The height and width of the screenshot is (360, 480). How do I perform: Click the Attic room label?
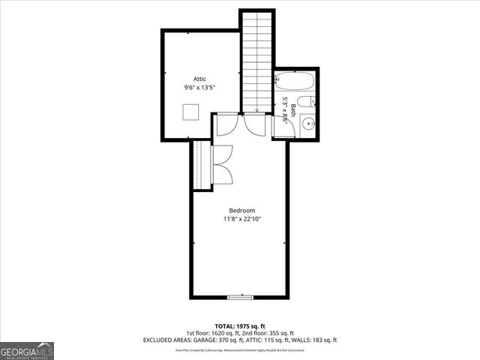199,79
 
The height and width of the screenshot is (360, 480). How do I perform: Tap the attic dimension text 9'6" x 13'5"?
199,88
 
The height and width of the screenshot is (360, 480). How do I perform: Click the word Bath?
293,109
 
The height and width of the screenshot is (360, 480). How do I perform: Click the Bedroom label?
242,211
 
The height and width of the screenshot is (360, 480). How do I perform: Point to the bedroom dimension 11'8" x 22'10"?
242,220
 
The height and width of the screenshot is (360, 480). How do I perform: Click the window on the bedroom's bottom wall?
240,298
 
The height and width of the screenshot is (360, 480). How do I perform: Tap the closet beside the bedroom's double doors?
199,165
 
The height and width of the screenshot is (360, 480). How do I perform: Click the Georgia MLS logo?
27,351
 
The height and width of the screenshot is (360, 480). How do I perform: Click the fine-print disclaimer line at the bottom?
240,349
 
